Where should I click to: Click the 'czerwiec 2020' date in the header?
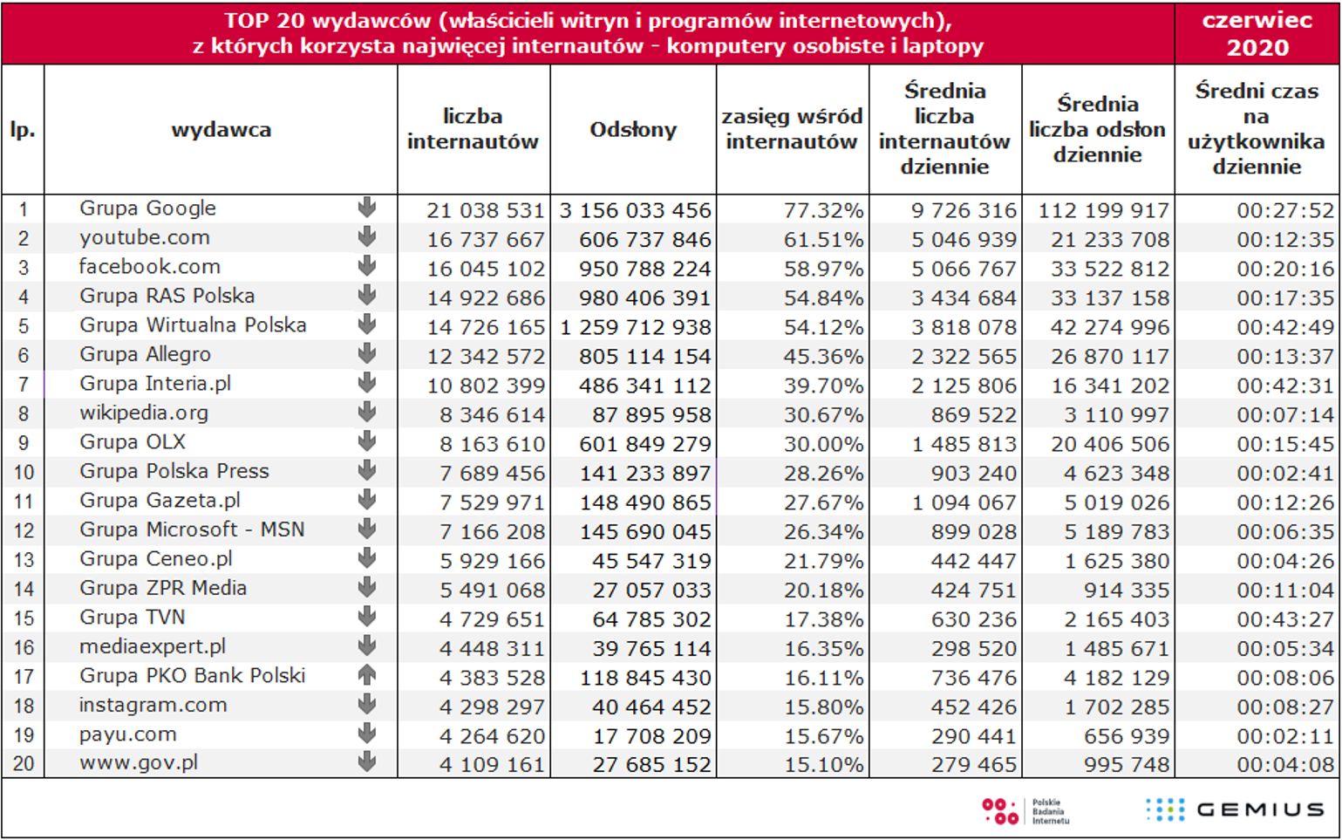tap(1257, 33)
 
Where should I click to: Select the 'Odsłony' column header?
tap(633, 130)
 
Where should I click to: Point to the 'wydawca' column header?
tap(221, 130)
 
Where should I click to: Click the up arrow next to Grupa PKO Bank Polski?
tap(367, 675)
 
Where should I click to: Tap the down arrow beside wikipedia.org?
tap(367, 412)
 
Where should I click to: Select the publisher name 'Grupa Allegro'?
tap(145, 354)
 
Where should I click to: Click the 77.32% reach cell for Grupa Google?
tap(823, 210)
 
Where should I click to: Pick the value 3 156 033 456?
tap(635, 210)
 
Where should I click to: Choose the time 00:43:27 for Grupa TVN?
tap(1284, 619)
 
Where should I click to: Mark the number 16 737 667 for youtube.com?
tap(486, 239)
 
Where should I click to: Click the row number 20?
tap(24, 764)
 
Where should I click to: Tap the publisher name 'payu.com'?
tap(127, 734)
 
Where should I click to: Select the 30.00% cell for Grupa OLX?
tap(823, 444)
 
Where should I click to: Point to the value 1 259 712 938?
tap(635, 327)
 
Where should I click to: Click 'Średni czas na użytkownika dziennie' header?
tap(1257, 128)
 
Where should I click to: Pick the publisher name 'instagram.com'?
tap(153, 705)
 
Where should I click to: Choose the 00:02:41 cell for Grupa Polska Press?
tap(1284, 474)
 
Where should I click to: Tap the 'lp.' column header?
tap(23, 130)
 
